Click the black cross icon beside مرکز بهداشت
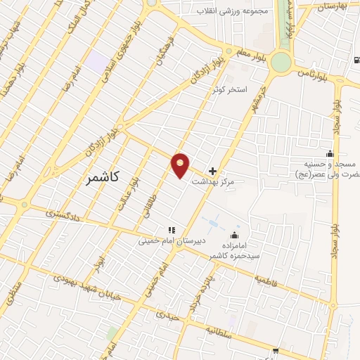(x=213, y=171)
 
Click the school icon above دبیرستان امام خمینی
(x=170, y=229)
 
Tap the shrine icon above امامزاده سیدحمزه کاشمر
(x=234, y=235)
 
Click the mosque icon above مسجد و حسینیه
(x=329, y=153)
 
